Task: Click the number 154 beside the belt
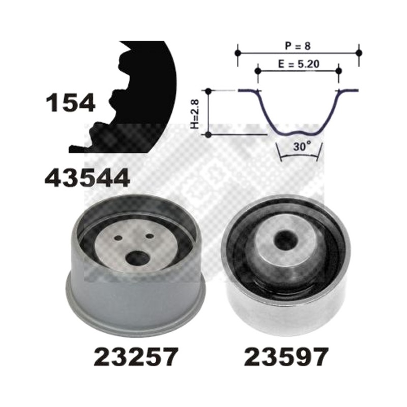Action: point(71,103)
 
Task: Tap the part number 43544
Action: point(87,178)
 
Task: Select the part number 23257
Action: point(136,357)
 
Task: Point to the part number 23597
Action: point(286,357)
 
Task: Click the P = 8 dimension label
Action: point(298,46)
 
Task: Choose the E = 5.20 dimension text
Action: point(299,64)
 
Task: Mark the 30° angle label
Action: point(302,147)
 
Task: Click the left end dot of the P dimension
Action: point(238,53)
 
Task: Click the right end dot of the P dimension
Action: point(359,53)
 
